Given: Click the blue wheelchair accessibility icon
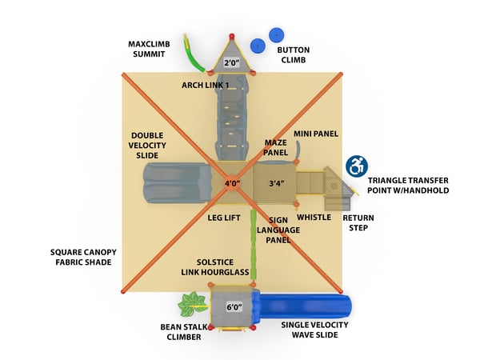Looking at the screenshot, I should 356,166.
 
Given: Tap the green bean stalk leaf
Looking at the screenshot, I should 191,306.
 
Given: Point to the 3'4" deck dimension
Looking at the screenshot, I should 275,183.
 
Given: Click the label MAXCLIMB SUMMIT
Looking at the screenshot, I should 148,49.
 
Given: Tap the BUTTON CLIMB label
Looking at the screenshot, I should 293,54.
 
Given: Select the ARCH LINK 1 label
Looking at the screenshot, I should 205,85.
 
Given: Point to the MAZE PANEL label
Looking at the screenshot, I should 275,147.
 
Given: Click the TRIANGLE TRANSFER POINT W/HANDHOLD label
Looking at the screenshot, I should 408,186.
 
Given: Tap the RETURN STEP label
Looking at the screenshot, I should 358,222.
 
